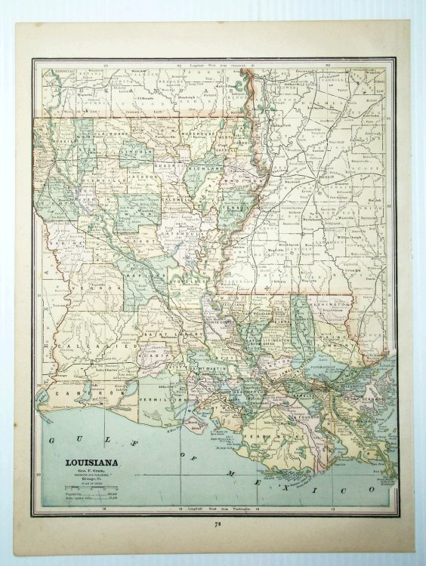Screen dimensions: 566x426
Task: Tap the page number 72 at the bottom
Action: pyautogui.click(x=216, y=522)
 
